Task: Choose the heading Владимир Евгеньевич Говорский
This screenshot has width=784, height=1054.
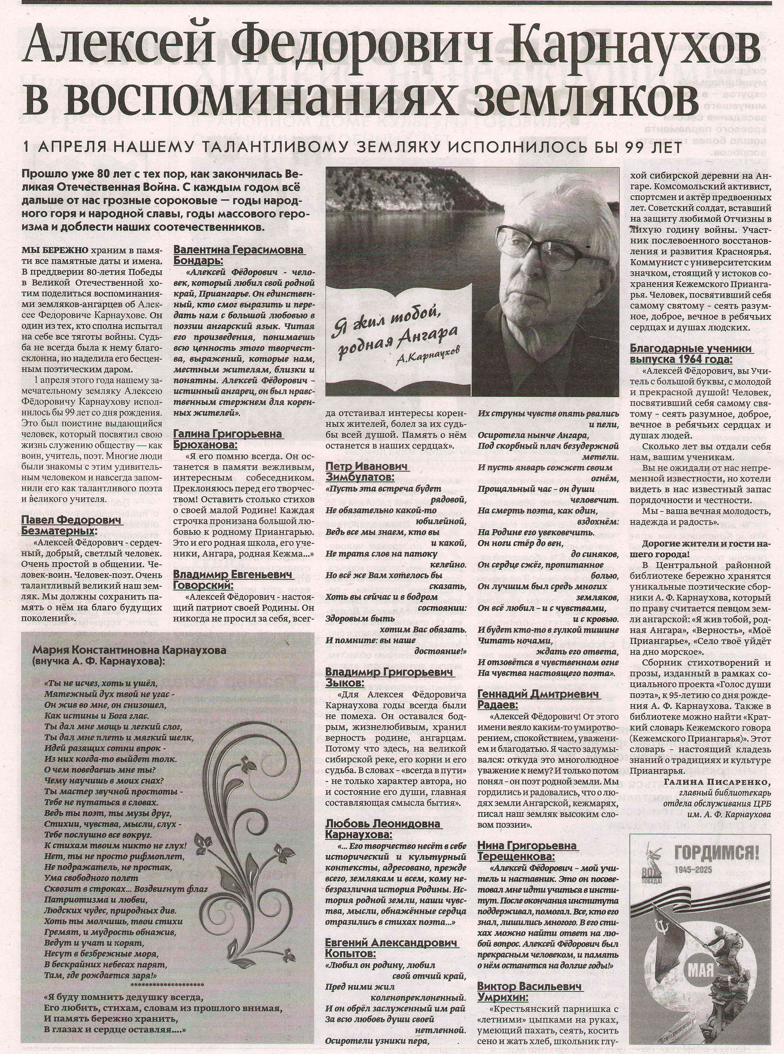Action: click(x=233, y=580)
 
